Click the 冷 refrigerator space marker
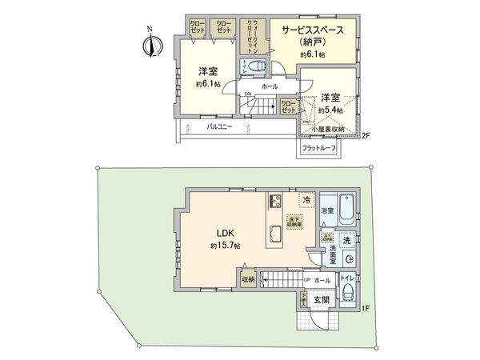click(x=306, y=200)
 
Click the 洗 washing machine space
click(x=346, y=240)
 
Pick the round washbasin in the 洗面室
click(x=350, y=261)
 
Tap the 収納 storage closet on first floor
click(x=249, y=279)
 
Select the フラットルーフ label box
click(x=318, y=147)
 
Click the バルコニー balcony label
click(x=220, y=126)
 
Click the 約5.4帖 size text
click(x=330, y=110)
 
